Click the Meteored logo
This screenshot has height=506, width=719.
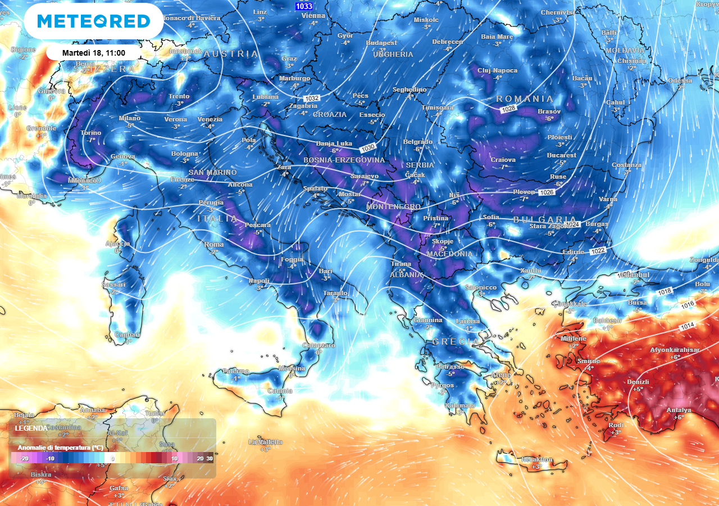point(94,21)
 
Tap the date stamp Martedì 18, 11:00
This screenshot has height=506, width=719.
point(93,52)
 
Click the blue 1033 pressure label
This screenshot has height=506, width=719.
point(303,6)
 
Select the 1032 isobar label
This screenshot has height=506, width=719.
point(312,98)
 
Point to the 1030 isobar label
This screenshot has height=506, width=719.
point(368,147)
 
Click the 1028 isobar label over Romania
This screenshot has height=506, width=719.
point(508,109)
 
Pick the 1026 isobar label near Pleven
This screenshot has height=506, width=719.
point(546,192)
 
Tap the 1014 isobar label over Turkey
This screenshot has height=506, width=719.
point(687,327)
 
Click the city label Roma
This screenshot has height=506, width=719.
point(214,245)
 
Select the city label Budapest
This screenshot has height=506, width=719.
point(381,43)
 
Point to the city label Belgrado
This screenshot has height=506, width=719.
point(418,142)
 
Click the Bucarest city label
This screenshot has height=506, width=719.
point(562,155)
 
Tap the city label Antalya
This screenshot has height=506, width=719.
point(679,410)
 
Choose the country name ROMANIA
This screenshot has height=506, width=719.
point(525,99)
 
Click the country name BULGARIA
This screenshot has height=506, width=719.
point(545,219)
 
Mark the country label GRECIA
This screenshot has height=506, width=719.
point(456,341)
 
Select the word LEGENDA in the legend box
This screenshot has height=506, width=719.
point(31,428)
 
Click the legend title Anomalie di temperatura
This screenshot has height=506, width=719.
point(60,448)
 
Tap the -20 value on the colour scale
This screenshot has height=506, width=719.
point(24,459)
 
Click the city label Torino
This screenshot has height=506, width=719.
point(91,133)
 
